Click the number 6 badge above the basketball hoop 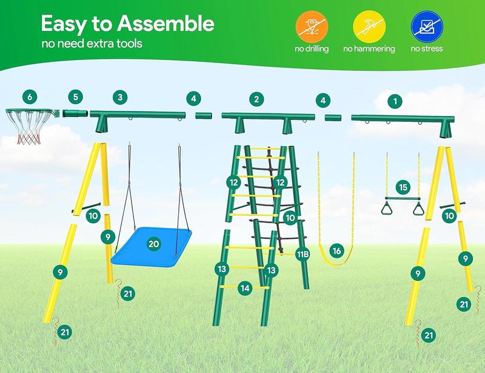30,97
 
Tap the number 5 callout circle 75,97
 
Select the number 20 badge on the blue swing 154,244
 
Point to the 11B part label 303,255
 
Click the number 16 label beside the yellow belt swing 337,250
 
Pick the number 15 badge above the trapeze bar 403,187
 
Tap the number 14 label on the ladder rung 245,289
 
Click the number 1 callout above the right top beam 395,101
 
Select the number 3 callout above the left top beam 120,98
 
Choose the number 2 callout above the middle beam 256,99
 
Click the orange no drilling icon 312,27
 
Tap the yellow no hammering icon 369,27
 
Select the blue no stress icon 427,27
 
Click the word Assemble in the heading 166,24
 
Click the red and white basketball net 28,127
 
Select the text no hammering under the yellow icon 369,49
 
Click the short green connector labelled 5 75,113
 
